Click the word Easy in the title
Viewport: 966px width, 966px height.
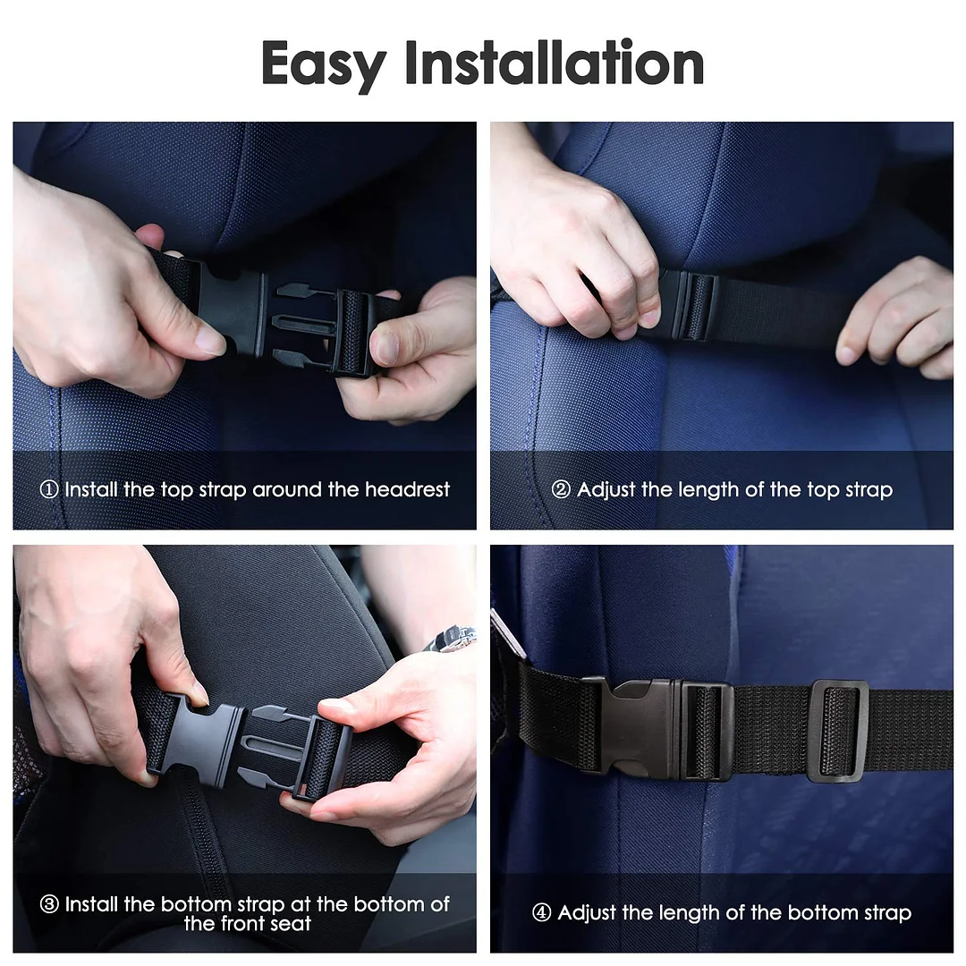tap(324, 64)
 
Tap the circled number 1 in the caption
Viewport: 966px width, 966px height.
tap(49, 490)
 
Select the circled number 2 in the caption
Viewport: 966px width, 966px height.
tap(561, 490)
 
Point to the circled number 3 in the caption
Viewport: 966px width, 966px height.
tap(49, 904)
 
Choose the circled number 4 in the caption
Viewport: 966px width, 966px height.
tap(541, 912)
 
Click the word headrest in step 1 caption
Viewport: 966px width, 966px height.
tap(407, 489)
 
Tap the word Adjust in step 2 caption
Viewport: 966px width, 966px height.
tap(606, 490)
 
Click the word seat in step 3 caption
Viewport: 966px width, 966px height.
tap(290, 924)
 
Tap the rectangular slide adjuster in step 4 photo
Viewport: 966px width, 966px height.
tap(839, 731)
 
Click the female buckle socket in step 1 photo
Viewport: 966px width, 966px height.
tap(231, 311)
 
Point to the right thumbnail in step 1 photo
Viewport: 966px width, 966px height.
tap(387, 348)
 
